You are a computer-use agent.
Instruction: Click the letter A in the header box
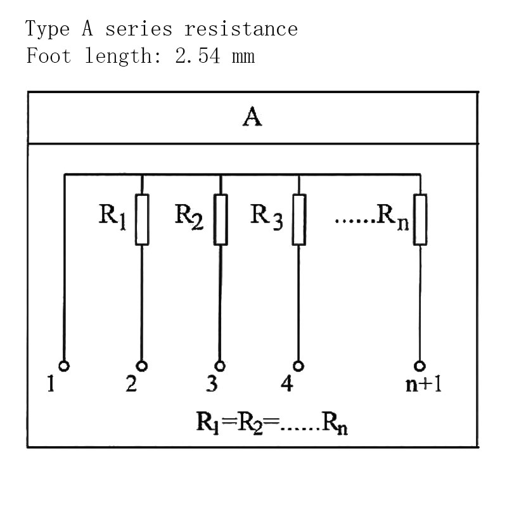click(252, 119)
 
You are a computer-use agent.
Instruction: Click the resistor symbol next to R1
click(141, 219)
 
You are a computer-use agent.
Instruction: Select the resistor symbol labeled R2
click(220, 219)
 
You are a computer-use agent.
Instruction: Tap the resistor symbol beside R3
click(298, 219)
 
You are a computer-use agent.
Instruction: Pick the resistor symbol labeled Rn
click(420, 219)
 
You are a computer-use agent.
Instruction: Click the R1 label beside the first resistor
click(112, 215)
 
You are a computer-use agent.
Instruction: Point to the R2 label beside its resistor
click(189, 215)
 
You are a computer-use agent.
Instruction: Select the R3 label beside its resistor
click(267, 215)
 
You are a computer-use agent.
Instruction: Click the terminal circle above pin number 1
click(63, 366)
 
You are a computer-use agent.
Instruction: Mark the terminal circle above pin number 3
click(220, 366)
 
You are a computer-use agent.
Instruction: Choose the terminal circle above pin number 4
click(298, 366)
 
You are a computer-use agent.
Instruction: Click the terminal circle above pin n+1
click(420, 366)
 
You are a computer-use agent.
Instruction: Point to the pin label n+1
click(423, 385)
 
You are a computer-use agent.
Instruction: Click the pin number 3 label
click(212, 384)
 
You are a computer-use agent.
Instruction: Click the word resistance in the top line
click(241, 29)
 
